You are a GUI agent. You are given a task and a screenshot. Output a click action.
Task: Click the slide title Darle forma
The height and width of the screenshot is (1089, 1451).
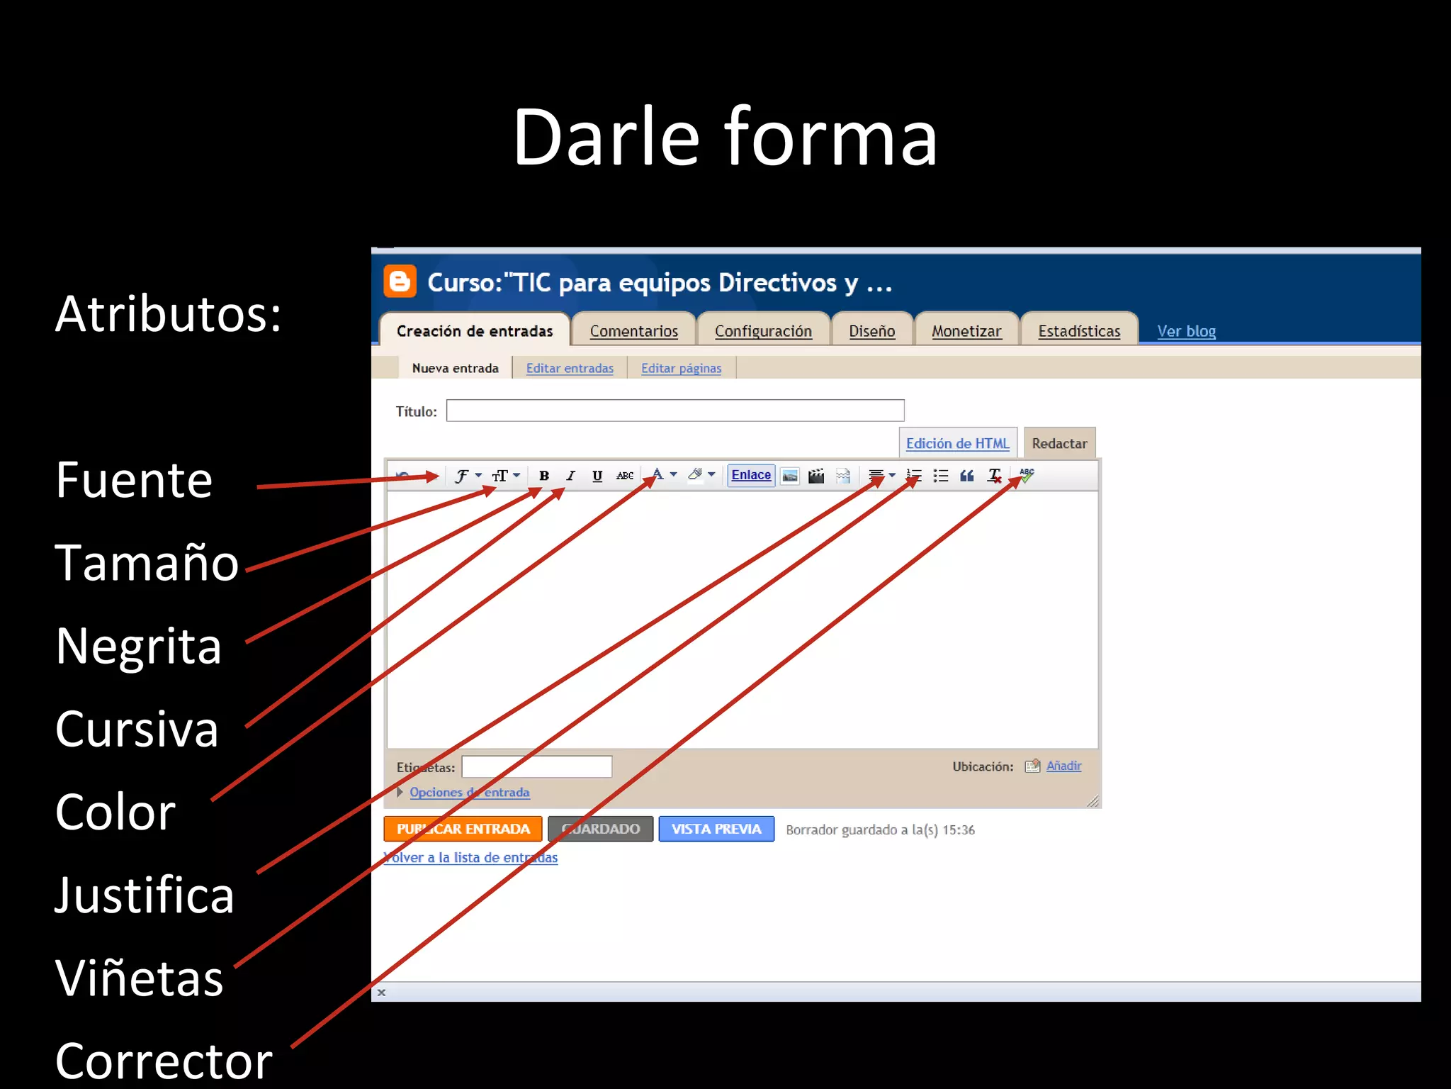coord(725,137)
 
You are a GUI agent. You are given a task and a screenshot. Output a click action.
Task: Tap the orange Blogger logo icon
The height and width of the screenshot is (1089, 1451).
coord(400,281)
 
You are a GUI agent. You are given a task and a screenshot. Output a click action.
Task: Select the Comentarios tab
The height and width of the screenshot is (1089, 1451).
coord(633,331)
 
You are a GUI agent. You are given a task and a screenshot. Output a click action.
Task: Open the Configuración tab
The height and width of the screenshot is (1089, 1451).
coord(763,331)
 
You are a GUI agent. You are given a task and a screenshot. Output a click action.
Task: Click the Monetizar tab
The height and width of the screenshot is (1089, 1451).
coord(966,331)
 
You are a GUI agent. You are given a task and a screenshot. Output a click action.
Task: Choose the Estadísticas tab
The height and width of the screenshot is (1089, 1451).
coord(1078,331)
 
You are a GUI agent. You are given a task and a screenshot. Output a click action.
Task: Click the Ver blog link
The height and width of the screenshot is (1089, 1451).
coord(1186,331)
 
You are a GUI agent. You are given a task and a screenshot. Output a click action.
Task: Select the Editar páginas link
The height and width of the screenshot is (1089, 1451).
coord(681,369)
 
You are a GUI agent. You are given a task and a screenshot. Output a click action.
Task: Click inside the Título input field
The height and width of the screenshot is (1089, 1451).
coord(674,411)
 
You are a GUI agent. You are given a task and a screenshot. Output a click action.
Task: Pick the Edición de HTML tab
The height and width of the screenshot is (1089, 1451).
coord(957,443)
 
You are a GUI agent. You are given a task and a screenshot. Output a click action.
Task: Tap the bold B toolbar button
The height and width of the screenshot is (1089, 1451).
coord(544,476)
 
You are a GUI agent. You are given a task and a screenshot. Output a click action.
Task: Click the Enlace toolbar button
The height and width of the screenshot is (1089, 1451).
coord(751,475)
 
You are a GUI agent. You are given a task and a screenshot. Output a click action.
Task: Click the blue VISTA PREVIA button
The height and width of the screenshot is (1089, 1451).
coord(716,829)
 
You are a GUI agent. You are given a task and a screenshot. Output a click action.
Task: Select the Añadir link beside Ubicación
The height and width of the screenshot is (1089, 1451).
coord(1063,766)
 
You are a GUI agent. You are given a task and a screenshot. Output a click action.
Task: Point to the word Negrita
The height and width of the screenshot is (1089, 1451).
coord(139,646)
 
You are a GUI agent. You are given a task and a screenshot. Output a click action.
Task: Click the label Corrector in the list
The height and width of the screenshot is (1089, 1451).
coord(164,1061)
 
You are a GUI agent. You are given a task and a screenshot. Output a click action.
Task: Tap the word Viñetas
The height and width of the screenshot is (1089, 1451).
coord(140,978)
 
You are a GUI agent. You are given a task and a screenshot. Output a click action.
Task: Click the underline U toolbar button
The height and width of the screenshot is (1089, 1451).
coord(597,476)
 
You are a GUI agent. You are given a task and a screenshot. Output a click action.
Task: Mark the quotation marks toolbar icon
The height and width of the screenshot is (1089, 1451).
coord(966,476)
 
